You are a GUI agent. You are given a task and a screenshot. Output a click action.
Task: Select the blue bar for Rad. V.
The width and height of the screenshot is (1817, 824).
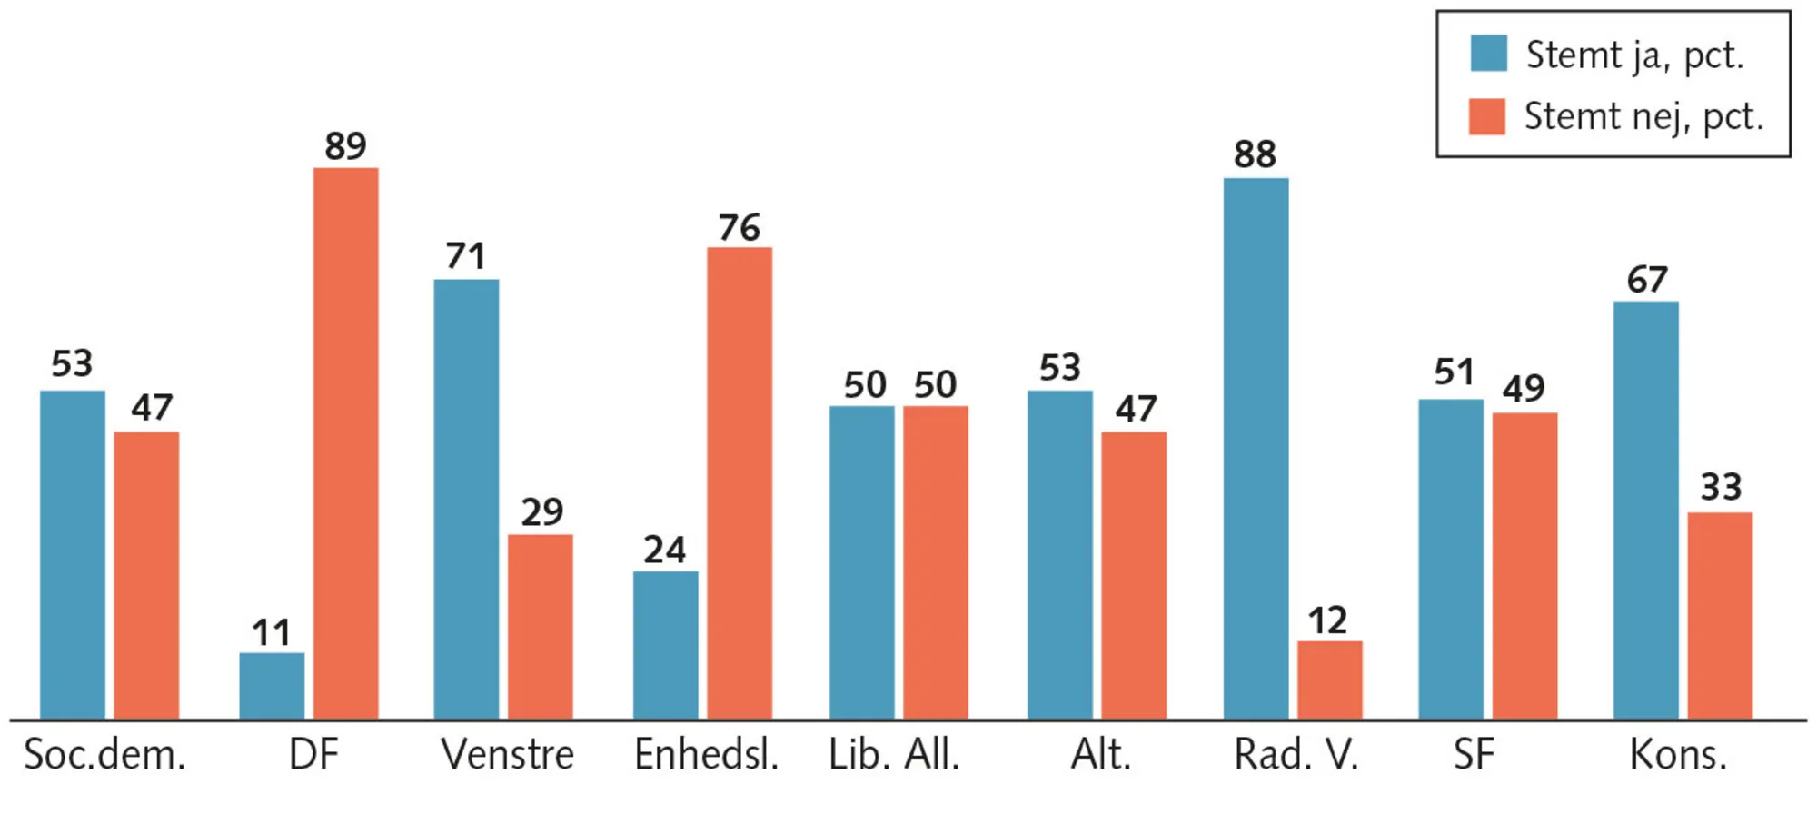(1256, 449)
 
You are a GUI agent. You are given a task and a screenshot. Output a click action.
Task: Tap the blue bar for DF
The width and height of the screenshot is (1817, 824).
(272, 686)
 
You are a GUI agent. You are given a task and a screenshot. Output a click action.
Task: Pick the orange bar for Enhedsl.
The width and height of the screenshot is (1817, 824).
(740, 483)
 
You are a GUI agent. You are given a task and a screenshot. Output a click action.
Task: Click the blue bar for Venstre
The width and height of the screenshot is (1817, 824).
(466, 500)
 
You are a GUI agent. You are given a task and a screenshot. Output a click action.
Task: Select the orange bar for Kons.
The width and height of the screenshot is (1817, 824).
(1720, 616)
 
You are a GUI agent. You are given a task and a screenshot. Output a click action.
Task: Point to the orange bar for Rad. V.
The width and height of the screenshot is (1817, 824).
(1329, 680)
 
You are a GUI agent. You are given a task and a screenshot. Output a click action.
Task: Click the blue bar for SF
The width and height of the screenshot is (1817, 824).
(1451, 560)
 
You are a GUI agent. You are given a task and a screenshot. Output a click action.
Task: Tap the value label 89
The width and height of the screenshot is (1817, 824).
(345, 145)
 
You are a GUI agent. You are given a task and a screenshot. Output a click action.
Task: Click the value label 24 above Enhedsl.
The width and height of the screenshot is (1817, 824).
(664, 550)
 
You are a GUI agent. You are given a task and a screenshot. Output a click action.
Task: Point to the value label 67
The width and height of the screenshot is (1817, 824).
(1647, 279)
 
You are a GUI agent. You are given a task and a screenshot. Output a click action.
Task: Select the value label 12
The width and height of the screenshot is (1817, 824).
(1327, 620)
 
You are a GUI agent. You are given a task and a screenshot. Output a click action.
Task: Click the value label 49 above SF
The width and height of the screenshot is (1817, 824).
(1524, 389)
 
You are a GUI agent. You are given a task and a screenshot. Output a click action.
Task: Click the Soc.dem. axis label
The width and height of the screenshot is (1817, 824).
(104, 755)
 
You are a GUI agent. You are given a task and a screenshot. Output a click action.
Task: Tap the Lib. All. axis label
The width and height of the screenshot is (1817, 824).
(894, 755)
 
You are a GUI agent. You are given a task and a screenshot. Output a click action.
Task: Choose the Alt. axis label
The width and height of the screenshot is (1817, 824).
(1101, 755)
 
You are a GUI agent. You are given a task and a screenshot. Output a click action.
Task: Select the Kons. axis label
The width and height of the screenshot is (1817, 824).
(1677, 755)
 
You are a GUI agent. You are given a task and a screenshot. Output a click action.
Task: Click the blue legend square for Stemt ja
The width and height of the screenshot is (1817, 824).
(1489, 54)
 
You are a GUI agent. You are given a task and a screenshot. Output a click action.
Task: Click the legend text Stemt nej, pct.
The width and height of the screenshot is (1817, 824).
(1643, 117)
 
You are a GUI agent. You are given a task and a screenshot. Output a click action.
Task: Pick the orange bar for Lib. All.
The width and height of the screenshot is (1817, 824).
(935, 563)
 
